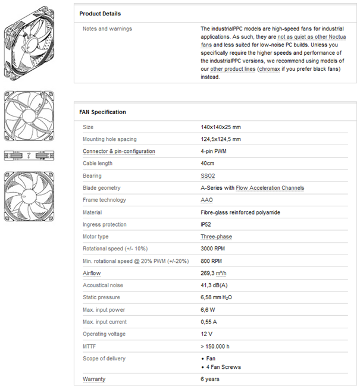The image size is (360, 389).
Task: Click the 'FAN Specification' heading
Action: (102, 112)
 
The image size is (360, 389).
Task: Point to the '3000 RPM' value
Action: (215, 249)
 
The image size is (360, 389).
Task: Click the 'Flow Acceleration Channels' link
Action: (270, 188)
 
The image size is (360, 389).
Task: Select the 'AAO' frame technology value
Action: (207, 200)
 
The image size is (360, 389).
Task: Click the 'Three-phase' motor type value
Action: (216, 236)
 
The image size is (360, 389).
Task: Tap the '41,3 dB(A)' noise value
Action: (218, 285)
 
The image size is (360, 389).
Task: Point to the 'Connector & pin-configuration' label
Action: (119, 151)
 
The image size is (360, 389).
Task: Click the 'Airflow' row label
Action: (92, 273)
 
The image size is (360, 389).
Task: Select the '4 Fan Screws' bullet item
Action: (224, 367)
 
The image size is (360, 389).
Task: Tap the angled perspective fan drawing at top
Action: (28, 45)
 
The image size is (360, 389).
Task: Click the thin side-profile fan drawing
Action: (28, 156)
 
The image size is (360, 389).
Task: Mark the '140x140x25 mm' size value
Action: (221, 127)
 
